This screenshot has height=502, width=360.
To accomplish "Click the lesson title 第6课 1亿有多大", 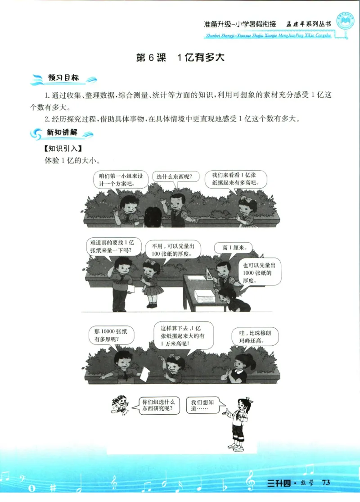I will point(180,58).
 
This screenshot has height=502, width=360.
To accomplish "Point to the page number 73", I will point(326,483).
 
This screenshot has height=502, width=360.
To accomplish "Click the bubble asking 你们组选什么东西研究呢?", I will point(157,405).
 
